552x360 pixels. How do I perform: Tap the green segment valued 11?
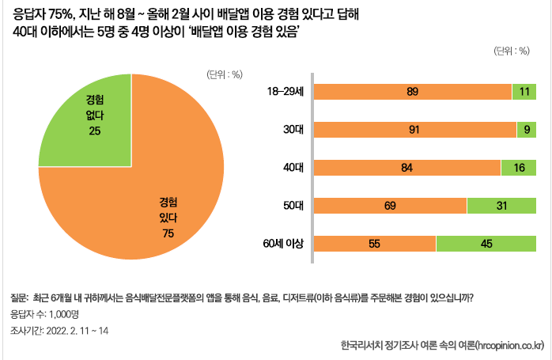pyautogui.click(x=525, y=92)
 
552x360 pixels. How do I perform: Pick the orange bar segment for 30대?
pyautogui.click(x=415, y=130)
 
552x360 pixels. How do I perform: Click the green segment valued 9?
pyautogui.click(x=527, y=130)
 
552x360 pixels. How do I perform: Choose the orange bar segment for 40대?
pyautogui.click(x=406, y=167)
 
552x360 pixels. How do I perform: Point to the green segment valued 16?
pyautogui.click(x=519, y=167)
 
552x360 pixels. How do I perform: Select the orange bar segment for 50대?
pyautogui.click(x=389, y=205)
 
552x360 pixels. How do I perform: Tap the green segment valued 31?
pyautogui.click(x=501, y=205)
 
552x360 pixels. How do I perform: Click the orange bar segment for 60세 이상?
pyautogui.click(x=373, y=244)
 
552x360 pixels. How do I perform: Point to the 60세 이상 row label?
pyautogui.click(x=286, y=244)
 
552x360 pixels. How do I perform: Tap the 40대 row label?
pyautogui.click(x=293, y=167)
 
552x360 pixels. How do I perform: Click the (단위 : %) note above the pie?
pyautogui.click(x=224, y=75)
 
